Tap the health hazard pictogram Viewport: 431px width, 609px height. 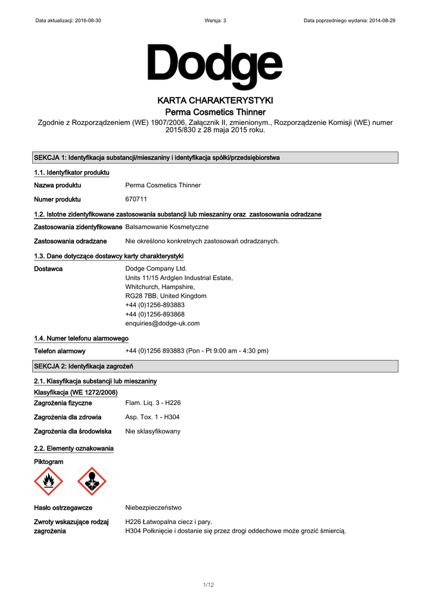(92, 482)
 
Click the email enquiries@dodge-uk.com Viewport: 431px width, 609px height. (163, 324)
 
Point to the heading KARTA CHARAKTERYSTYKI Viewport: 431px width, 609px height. (215, 100)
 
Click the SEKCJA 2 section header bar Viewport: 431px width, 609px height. (215, 365)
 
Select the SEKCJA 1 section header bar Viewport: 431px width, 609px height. (215, 158)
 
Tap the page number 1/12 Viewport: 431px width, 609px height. (208, 585)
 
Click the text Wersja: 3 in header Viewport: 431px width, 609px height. (215, 20)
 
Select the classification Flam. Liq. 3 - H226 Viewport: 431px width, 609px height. (153, 403)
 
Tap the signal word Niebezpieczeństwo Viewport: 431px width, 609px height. (154, 508)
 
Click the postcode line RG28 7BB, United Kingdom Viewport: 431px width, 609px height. (166, 296)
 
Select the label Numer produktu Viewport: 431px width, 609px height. (57, 199)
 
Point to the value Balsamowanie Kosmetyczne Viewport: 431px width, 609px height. (167, 227)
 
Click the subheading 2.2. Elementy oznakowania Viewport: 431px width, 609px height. (74, 448)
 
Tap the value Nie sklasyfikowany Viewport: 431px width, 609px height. (153, 431)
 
